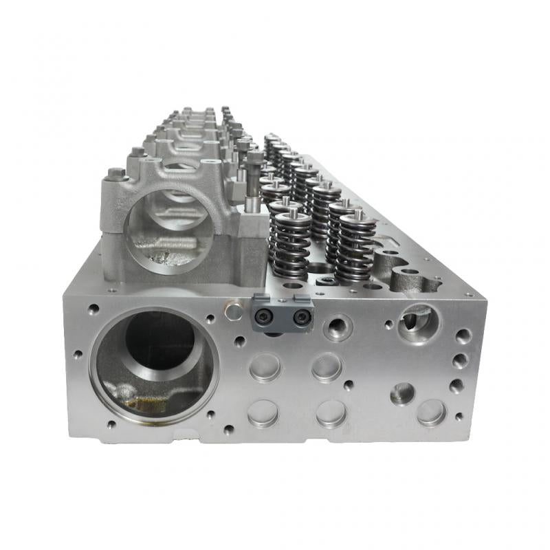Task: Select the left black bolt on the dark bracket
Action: coord(264,316)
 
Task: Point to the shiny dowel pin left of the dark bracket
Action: coord(234,313)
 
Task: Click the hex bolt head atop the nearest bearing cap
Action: coord(117,173)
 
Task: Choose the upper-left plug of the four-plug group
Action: coord(265,366)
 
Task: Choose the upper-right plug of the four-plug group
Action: coord(327,366)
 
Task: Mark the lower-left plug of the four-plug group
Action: coord(263,414)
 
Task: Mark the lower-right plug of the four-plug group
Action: coord(331,414)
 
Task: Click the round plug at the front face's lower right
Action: coord(432,412)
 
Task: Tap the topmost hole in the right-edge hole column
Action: coord(464,336)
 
